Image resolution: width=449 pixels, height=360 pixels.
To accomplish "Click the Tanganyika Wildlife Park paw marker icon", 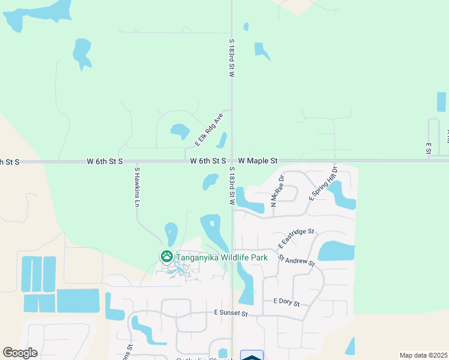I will [x=166, y=257].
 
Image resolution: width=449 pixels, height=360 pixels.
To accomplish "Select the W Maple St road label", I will [x=258, y=161].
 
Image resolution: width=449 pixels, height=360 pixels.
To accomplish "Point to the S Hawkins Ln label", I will [x=137, y=187].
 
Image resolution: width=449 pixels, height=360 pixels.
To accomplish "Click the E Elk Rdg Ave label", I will [x=209, y=129].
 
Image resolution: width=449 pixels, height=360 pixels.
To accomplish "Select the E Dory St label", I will [x=286, y=302].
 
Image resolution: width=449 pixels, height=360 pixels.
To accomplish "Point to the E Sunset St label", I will [x=231, y=313].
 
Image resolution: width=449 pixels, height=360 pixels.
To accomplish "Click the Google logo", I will [x=20, y=353].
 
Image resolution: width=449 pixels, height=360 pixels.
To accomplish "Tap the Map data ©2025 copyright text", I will [x=423, y=355].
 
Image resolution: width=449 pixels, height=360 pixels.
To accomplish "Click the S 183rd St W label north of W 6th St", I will [x=231, y=58].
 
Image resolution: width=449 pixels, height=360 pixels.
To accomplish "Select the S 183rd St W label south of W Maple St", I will [x=231, y=185].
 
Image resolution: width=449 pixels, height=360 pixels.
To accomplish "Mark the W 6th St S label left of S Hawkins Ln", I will [x=104, y=161].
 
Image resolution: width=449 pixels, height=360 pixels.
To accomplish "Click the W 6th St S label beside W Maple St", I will [x=208, y=161].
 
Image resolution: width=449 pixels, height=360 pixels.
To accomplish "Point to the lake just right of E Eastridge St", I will [x=337, y=250].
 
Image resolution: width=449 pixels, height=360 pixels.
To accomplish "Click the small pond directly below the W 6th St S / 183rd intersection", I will [x=211, y=181].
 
